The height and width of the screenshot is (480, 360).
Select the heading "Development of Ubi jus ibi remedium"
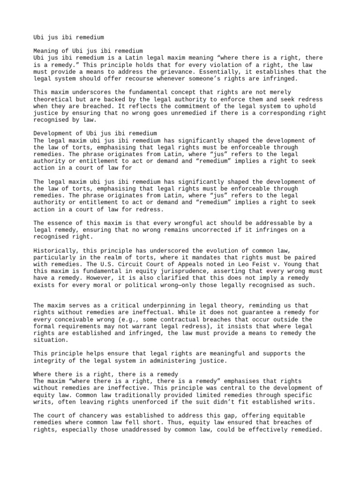(95, 134)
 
